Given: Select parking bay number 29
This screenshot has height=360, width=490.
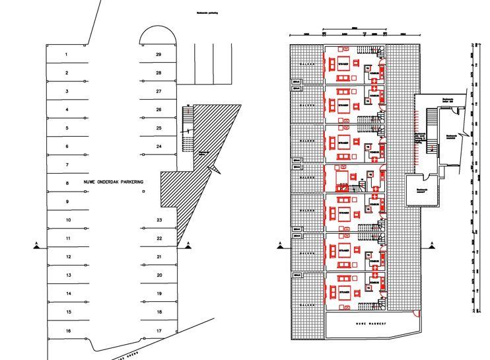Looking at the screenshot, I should point(158,54).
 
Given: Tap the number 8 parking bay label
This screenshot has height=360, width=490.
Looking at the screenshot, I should point(67,183).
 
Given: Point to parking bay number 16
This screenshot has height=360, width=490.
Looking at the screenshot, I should point(67,330).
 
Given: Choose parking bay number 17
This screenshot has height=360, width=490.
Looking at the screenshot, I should point(159,330).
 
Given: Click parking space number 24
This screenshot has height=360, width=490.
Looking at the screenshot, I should point(159,146).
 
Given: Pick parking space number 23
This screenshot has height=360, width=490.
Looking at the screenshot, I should point(159,219).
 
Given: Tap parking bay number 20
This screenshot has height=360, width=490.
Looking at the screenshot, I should point(159,275).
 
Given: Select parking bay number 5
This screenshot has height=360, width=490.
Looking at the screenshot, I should point(67,127).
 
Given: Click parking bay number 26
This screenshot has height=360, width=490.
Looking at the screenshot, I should point(159,110).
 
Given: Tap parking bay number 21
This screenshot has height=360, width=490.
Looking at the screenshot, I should point(159,256).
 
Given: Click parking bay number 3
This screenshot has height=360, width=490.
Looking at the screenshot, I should point(67,91).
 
